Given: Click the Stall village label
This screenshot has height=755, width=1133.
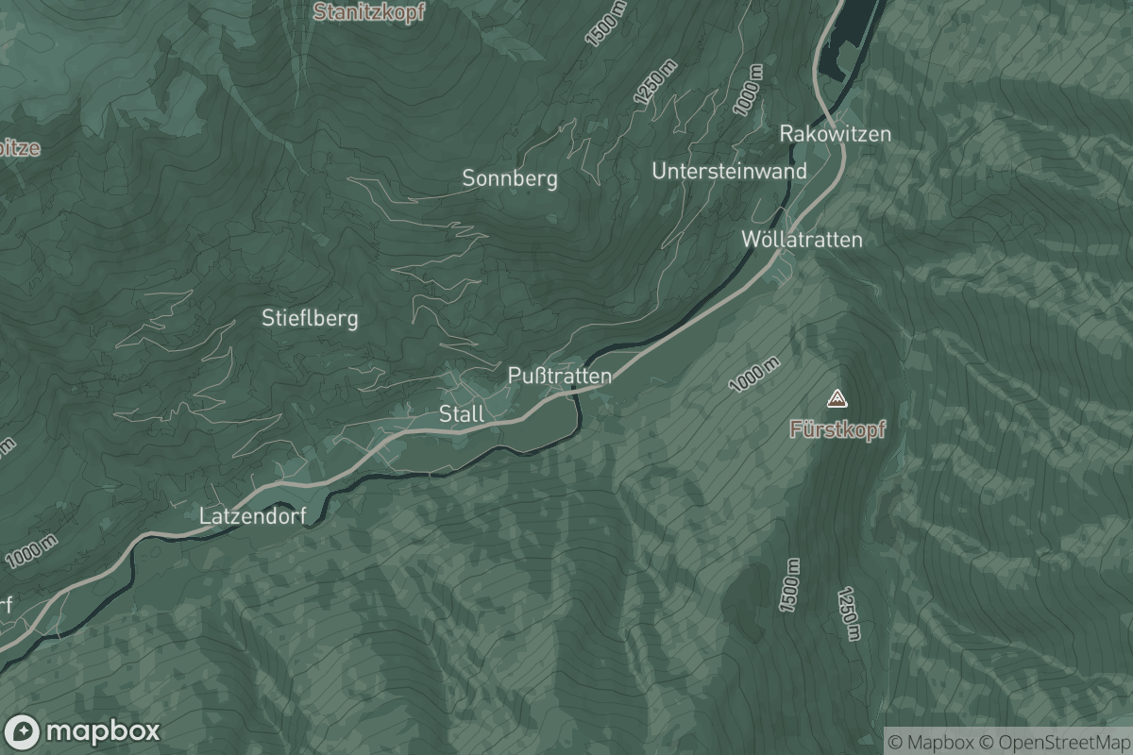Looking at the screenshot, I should (x=461, y=413).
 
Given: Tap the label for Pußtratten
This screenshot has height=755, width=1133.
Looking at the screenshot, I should (x=559, y=376).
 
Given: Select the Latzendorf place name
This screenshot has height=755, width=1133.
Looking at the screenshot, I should (x=253, y=516).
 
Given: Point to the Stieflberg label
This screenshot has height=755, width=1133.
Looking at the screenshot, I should (x=310, y=318).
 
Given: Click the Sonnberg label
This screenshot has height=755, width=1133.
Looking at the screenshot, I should (x=509, y=177).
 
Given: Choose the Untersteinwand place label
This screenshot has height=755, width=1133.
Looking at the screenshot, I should (x=729, y=171).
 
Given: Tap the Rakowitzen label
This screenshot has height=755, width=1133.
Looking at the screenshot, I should (x=835, y=134).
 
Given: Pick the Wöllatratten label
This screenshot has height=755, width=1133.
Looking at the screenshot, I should (x=801, y=239).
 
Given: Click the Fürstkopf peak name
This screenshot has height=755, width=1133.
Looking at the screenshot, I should (x=837, y=429).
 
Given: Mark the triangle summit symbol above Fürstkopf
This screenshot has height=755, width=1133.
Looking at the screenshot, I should (x=837, y=398).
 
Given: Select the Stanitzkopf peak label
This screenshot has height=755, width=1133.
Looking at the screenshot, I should (x=369, y=12).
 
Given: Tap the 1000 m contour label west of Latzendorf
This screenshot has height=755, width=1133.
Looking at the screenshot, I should (x=30, y=551).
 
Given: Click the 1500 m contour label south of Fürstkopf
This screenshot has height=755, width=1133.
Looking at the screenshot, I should (x=788, y=585).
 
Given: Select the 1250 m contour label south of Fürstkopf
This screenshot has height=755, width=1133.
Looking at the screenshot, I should (x=849, y=613).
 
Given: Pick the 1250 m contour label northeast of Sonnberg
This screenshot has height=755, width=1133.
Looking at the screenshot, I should (x=657, y=83).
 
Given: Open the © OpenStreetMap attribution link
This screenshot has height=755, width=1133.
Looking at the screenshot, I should (x=1055, y=741).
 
